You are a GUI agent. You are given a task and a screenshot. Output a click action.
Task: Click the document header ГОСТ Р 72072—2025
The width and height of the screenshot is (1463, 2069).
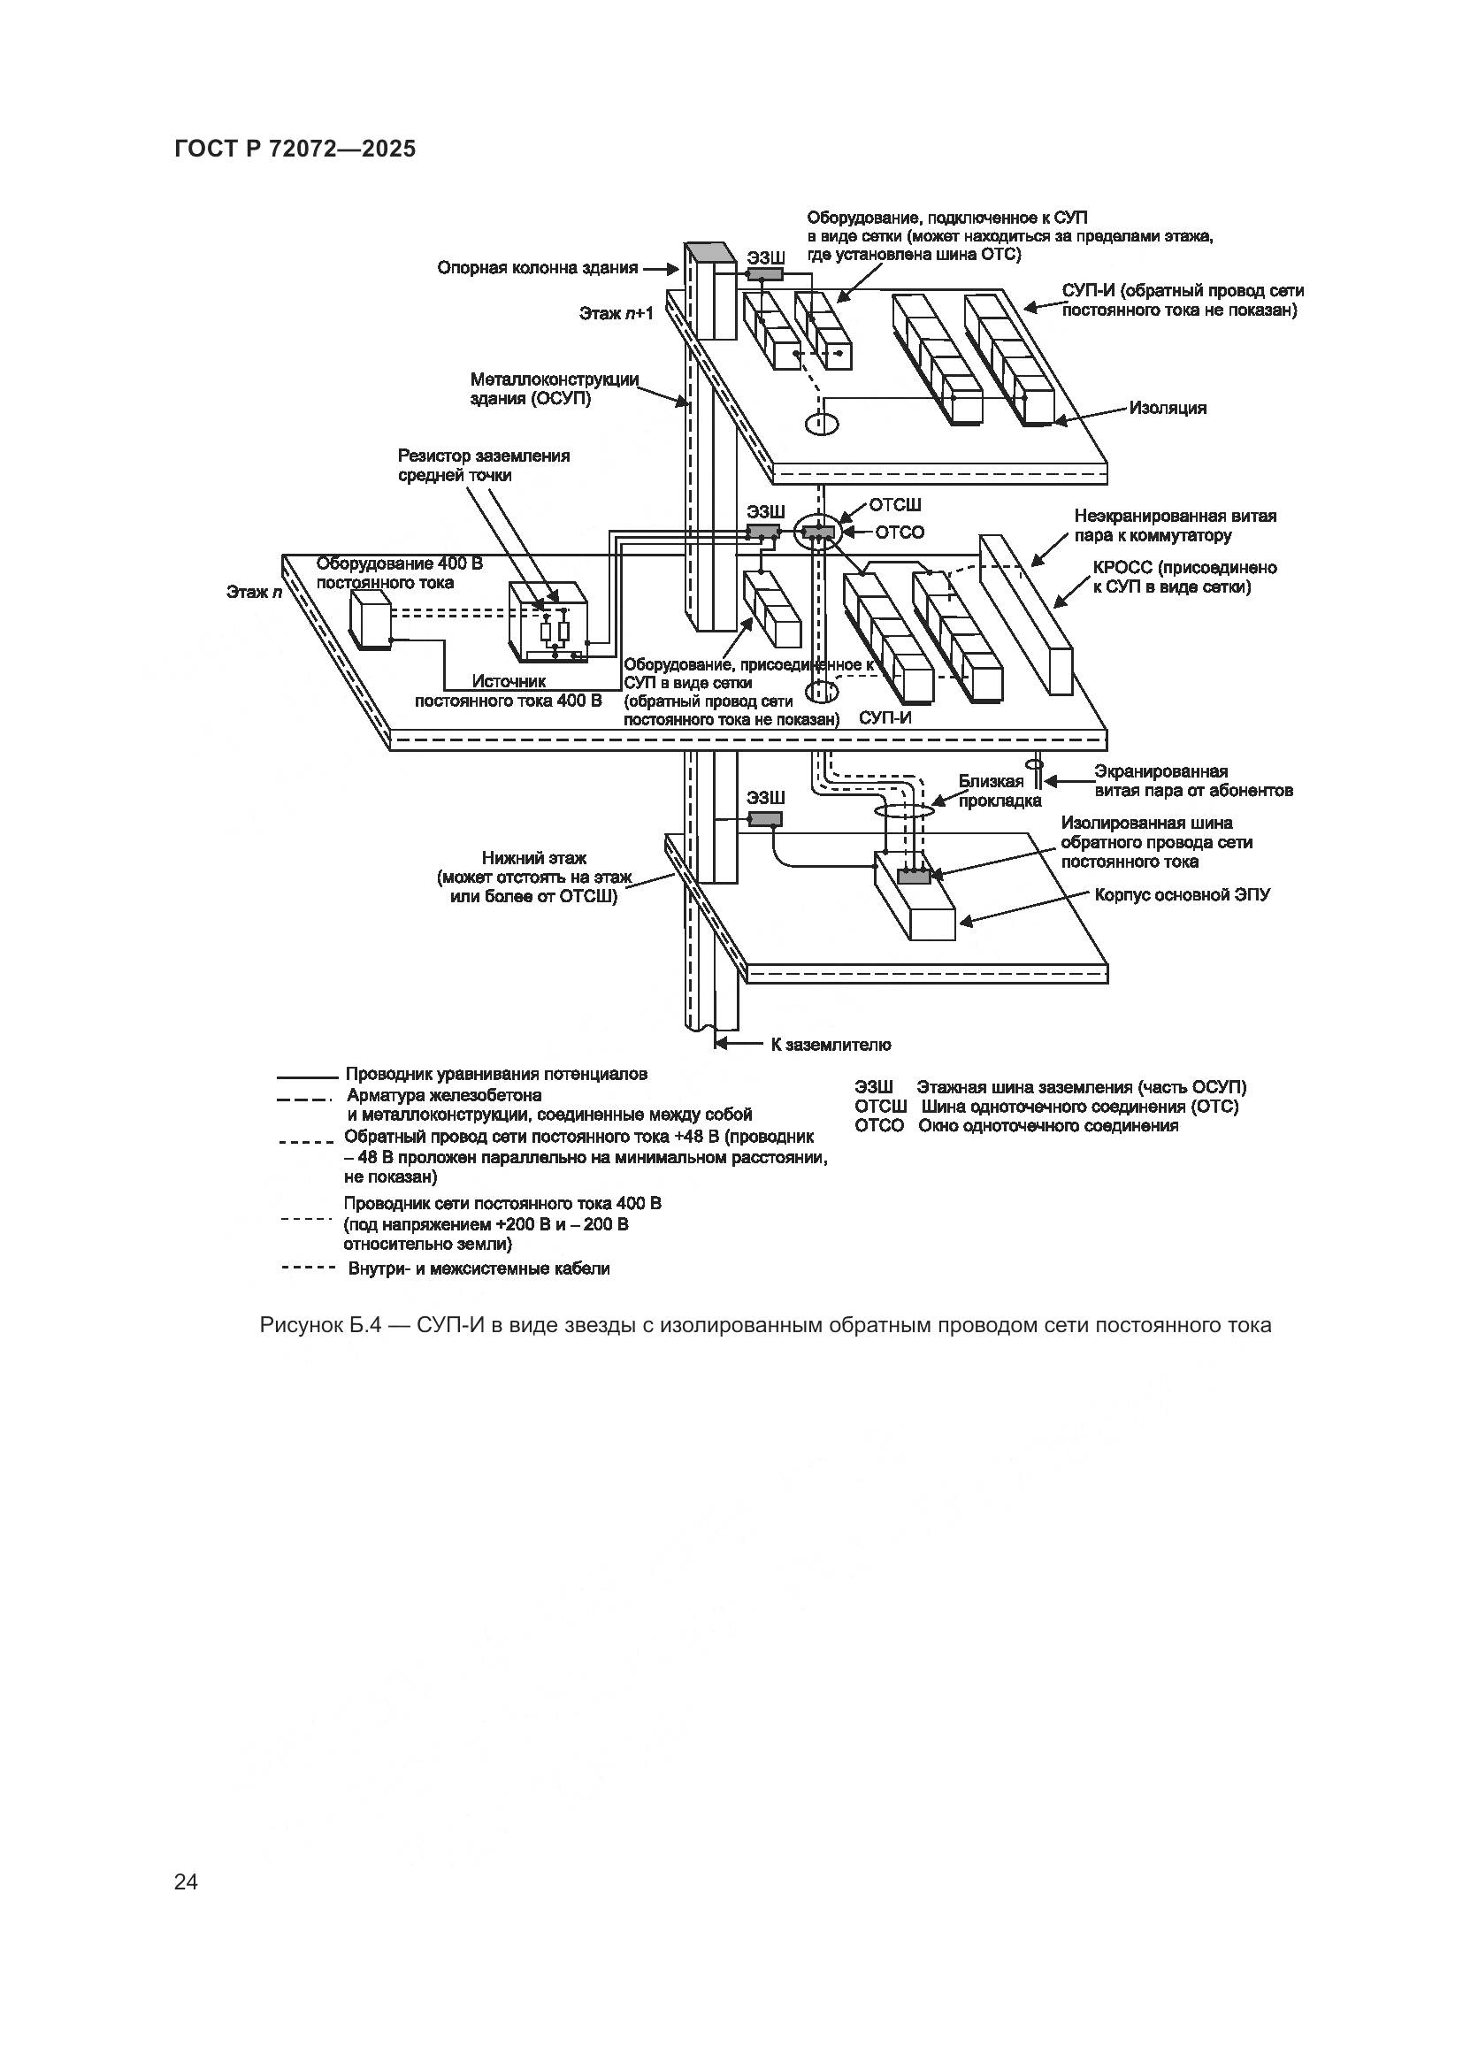click(295, 149)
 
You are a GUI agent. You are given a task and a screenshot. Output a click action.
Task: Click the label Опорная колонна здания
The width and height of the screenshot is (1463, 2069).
click(537, 268)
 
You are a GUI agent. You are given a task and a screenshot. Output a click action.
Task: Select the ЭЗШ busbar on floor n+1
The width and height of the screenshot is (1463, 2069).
click(765, 274)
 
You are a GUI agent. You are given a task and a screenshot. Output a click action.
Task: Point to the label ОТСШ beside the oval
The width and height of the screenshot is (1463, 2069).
click(893, 506)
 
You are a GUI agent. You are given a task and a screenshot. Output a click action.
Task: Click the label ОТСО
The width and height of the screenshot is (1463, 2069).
click(899, 533)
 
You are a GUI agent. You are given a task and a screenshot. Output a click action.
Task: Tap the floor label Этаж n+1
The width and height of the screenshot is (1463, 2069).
click(617, 314)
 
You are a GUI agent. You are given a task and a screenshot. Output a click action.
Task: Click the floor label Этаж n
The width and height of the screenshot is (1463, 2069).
click(249, 592)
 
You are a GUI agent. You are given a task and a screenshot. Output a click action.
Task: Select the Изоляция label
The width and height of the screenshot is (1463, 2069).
click(1168, 408)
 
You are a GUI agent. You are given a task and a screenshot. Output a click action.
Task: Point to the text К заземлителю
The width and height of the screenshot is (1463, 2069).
click(830, 1045)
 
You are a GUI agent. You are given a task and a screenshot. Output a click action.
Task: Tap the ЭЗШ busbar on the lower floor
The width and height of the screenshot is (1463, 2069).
click(766, 818)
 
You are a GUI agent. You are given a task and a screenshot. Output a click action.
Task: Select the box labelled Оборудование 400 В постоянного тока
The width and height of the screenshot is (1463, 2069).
click(371, 622)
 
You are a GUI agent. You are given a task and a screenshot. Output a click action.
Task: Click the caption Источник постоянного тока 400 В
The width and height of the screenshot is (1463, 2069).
click(508, 690)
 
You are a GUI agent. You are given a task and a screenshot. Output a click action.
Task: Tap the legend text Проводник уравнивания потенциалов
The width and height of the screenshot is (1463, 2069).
click(495, 1074)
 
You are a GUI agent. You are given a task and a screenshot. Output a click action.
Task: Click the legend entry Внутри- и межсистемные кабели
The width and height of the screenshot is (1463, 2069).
click(479, 1268)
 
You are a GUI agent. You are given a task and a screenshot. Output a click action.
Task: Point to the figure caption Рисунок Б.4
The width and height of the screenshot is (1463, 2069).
click(765, 1326)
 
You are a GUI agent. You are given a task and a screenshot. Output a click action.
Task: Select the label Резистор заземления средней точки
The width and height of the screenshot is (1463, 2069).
click(484, 465)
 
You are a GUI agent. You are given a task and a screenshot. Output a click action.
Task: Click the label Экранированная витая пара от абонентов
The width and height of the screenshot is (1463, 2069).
click(1192, 780)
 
